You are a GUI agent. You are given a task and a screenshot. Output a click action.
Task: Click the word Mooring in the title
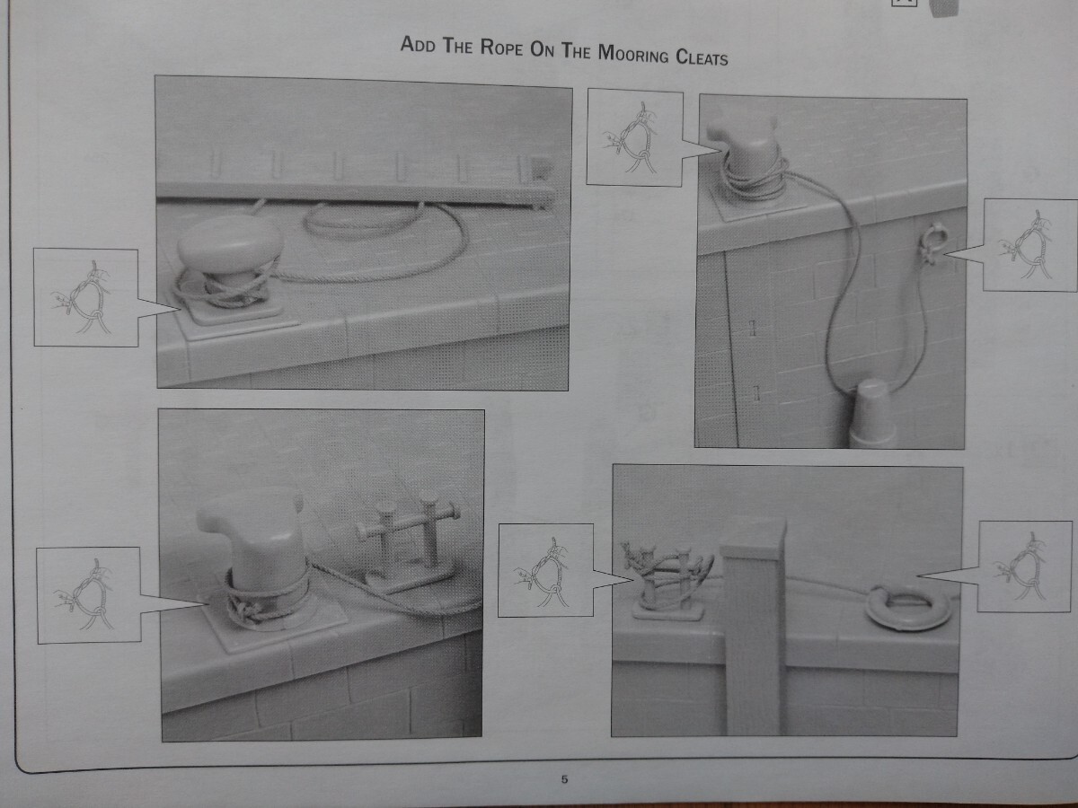(633, 54)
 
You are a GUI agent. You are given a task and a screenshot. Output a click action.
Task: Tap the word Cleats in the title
(702, 57)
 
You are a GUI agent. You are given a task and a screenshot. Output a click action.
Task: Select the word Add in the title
(418, 45)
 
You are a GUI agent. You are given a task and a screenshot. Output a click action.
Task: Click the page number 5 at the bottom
(564, 779)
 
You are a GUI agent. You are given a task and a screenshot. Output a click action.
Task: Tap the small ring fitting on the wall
(931, 242)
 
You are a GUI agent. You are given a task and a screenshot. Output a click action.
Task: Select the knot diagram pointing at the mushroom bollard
(86, 297)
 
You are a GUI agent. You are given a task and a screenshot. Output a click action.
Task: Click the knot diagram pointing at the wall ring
(1029, 245)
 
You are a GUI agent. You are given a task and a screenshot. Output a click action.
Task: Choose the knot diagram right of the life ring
(1024, 566)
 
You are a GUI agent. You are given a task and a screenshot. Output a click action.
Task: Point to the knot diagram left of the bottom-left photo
(89, 595)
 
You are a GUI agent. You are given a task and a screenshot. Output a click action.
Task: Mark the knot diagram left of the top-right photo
(634, 137)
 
